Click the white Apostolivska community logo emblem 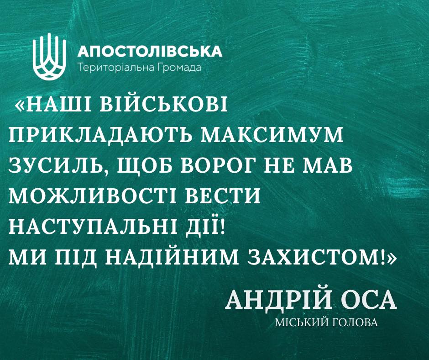click(x=49, y=57)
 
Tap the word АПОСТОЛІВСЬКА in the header click(x=150, y=51)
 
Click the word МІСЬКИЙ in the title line click(x=303, y=323)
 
